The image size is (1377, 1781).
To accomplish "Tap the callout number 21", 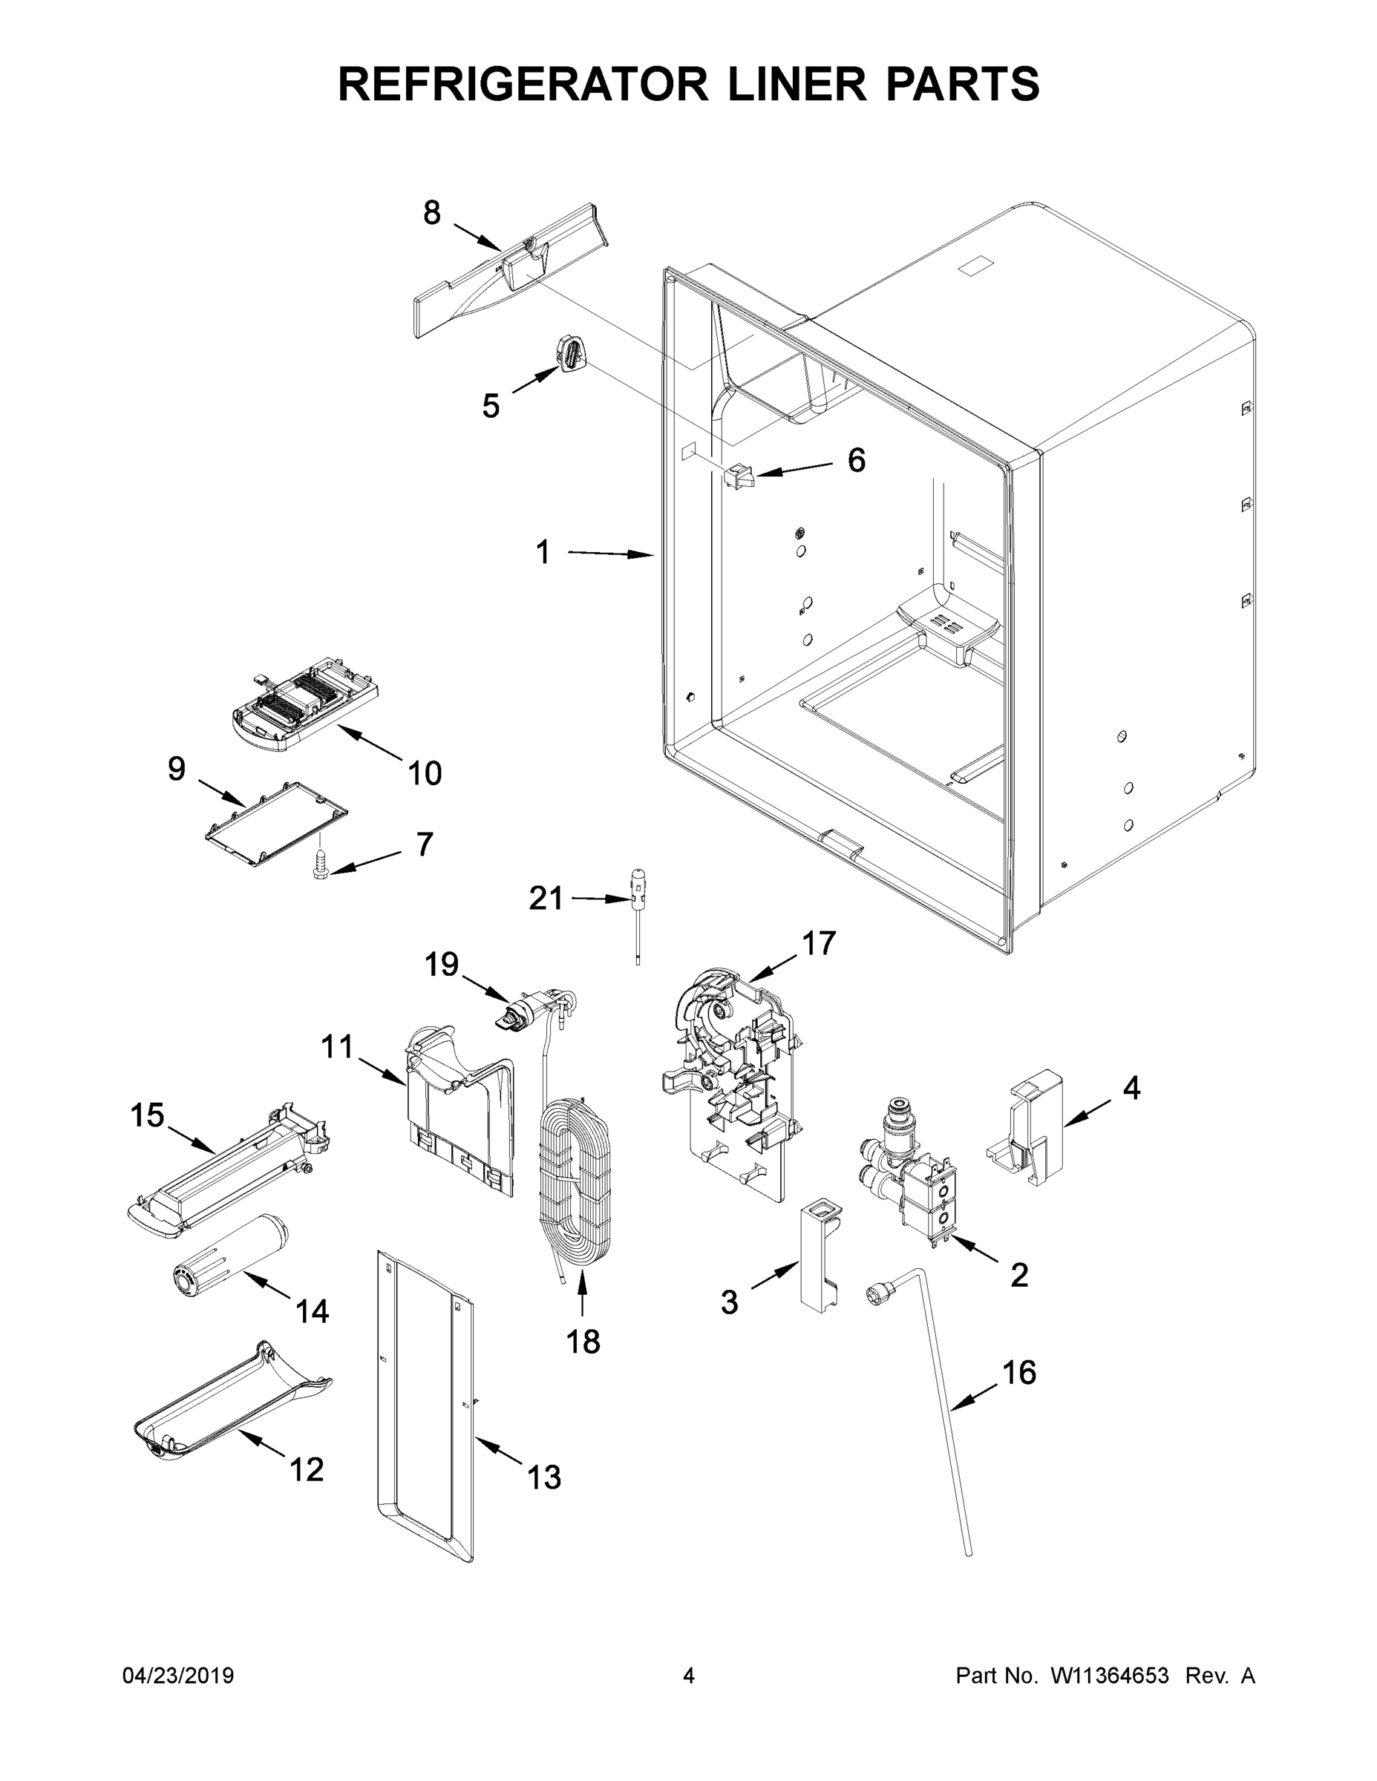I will pos(546,899).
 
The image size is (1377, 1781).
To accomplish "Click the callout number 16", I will pos(1018,1372).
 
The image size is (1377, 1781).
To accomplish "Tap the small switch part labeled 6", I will pos(739,476).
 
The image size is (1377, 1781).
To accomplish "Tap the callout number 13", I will pos(544,1477).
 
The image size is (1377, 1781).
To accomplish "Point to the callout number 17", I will pos(818,943).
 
